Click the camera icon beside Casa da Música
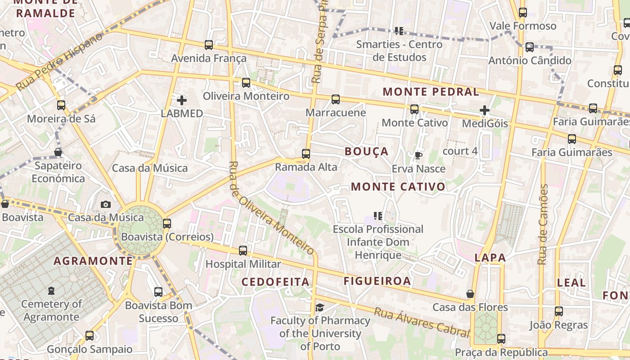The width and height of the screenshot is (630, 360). tap(106, 205)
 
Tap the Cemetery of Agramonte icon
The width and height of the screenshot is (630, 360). tap(51, 291)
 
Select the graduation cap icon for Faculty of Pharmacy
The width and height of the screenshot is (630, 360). tap(319, 307)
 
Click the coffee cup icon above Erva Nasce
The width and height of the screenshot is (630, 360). tap(418, 156)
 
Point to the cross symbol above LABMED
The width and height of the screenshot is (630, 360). tap(182, 100)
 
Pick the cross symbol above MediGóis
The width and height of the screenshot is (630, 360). tap(484, 110)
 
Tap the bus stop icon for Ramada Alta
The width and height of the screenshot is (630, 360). tap(306, 154)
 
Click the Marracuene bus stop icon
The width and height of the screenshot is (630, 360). tap(336, 99)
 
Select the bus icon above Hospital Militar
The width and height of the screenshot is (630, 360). tap(243, 251)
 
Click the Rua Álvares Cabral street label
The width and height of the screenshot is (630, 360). tap(422, 322)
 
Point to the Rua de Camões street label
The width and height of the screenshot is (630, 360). tap(543, 224)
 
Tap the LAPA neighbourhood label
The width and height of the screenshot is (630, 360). tap(490, 258)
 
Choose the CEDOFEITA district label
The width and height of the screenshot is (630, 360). tap(275, 282)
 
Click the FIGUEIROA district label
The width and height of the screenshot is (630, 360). tap(377, 281)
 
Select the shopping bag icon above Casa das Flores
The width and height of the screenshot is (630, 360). tap(470, 294)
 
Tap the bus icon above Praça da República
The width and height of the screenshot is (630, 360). tap(501, 339)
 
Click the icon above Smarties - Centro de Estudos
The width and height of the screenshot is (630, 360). tap(399, 31)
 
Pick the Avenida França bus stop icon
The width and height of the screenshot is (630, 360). tap(209, 45)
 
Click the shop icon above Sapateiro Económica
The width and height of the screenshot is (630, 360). tap(58, 152)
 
